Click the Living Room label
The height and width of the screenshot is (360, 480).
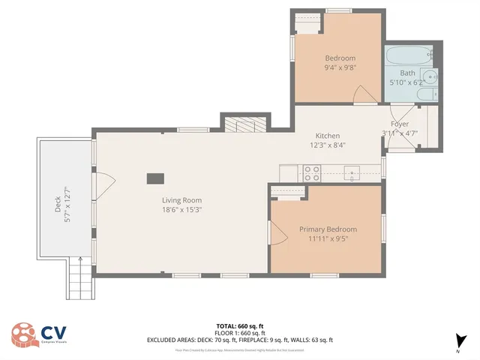pos(182,200)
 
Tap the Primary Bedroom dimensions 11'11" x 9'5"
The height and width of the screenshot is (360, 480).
pos(328,240)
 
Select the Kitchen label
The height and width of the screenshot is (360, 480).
pos(328,136)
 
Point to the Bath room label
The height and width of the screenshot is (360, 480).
pos(407,73)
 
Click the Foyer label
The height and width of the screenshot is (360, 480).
pos(400,124)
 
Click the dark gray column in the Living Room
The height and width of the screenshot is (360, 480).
pos(155,178)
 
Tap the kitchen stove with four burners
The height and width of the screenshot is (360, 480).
pos(311,173)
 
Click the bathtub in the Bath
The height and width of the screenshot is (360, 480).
pos(409,55)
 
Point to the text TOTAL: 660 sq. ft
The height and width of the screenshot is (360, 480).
pos(239,326)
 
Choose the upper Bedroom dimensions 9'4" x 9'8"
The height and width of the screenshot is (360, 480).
pos(340,67)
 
